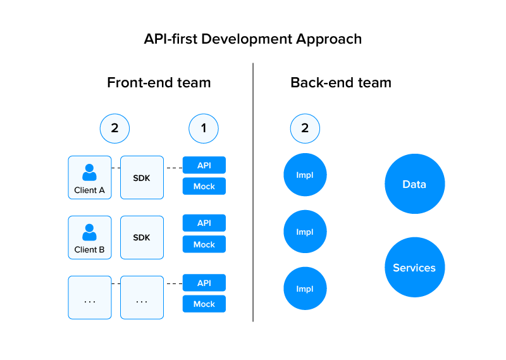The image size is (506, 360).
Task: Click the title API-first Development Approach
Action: [253, 39]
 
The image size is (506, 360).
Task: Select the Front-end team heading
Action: [159, 83]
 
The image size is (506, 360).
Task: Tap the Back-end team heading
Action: [340, 83]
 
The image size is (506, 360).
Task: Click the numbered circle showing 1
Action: [204, 128]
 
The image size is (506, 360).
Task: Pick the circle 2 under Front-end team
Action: [114, 128]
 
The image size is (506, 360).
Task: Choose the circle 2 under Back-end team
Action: [305, 128]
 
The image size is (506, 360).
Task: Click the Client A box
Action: [90, 178]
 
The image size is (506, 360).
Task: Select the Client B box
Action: [90, 237]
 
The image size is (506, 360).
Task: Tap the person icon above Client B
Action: [90, 232]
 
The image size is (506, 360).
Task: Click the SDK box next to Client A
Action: [142, 178]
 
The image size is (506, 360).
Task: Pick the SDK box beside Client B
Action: [142, 237]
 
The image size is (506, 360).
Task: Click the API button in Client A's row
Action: [204, 166]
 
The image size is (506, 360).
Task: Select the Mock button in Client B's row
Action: [204, 245]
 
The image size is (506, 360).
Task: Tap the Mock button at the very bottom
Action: [204, 304]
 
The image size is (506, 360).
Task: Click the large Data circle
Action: [414, 185]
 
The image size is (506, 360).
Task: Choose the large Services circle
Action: [414, 268]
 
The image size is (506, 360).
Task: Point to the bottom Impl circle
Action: [305, 289]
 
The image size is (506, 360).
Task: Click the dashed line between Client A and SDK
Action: [116, 168]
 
